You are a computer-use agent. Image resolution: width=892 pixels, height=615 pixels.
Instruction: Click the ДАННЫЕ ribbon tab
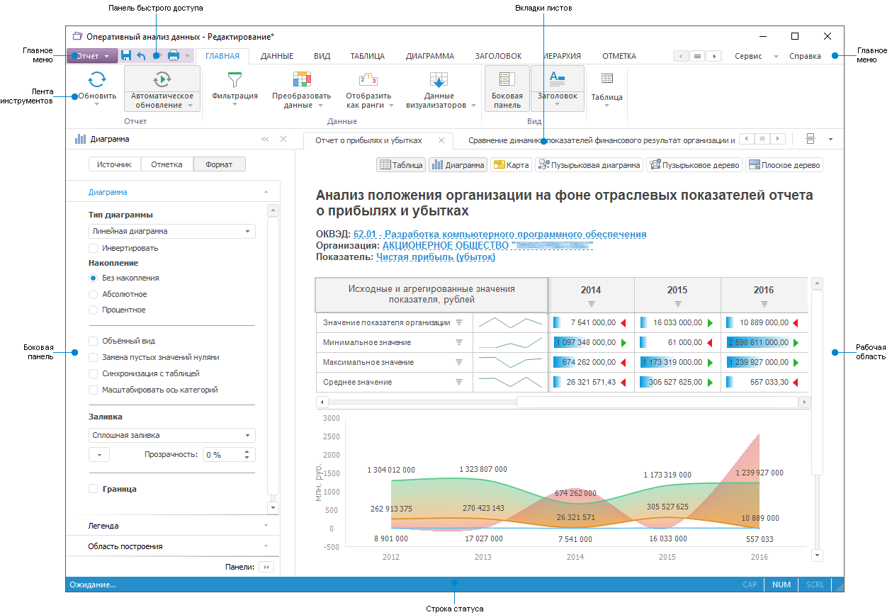(x=276, y=56)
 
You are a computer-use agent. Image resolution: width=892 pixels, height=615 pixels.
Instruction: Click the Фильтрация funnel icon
(x=235, y=79)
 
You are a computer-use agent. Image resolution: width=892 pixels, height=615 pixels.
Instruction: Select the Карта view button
(x=511, y=165)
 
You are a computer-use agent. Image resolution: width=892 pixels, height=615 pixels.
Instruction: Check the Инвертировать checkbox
(x=94, y=249)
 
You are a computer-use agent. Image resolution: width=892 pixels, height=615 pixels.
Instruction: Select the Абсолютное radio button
(x=94, y=294)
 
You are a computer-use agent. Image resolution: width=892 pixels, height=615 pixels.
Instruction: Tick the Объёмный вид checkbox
(x=94, y=341)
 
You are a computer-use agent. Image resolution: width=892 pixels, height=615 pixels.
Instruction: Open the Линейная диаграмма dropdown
(x=172, y=231)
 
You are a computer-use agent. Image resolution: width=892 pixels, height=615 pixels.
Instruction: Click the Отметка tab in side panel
(x=166, y=164)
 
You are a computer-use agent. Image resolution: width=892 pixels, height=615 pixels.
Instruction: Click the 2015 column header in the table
(x=677, y=290)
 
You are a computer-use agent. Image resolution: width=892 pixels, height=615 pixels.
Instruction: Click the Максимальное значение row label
(x=366, y=362)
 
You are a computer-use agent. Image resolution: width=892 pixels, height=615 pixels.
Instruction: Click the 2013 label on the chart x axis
(x=482, y=557)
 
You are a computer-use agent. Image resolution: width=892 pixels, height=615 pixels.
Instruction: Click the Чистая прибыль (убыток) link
(x=436, y=257)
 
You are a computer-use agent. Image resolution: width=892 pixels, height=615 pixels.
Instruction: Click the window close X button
(x=827, y=36)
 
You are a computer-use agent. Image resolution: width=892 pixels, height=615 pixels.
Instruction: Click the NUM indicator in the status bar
(x=781, y=585)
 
